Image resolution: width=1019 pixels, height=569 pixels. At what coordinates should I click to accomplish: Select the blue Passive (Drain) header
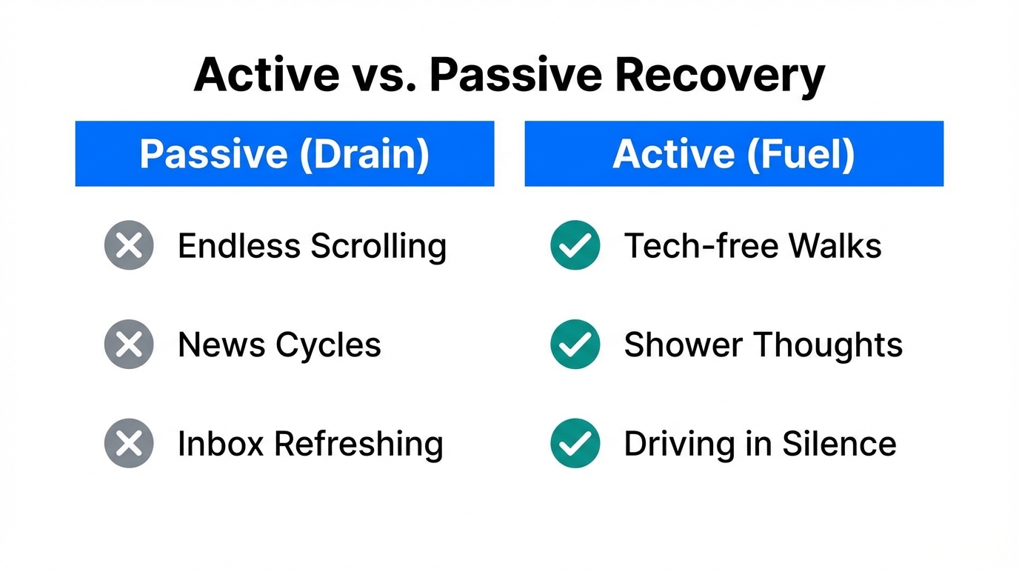point(284,154)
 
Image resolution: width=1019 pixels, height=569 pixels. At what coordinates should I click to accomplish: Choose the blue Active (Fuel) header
point(734,154)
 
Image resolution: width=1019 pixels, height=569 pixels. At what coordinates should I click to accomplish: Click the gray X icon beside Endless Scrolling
point(129,245)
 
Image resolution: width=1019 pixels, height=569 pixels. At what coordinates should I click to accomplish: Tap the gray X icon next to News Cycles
point(129,345)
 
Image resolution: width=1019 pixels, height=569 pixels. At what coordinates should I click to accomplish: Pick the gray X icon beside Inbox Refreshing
point(129,443)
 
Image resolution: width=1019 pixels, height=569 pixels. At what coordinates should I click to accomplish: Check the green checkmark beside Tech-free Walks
point(575,245)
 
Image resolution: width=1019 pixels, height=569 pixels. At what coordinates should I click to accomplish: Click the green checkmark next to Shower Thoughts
point(575,345)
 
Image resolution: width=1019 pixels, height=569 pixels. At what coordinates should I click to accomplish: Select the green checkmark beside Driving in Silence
point(575,443)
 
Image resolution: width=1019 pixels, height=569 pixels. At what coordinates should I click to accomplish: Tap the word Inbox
point(220,444)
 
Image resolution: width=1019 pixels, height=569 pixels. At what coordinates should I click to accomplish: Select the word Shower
point(682,345)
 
